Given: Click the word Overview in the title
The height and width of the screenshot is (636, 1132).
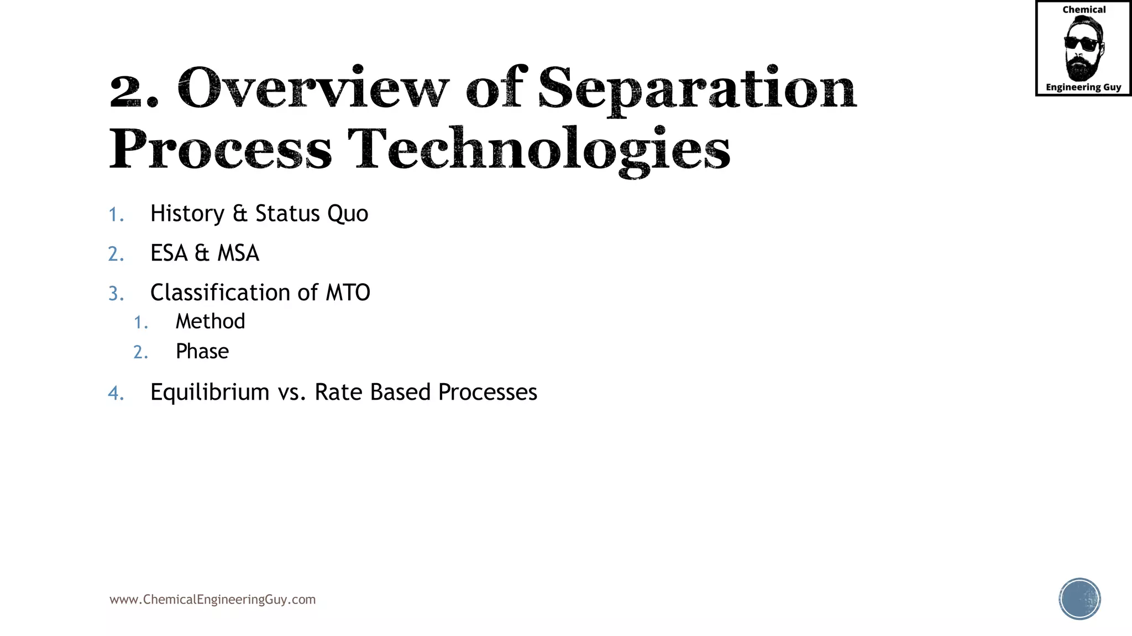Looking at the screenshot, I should tap(313, 88).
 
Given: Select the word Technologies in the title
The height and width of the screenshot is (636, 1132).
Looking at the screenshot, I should tap(539, 149).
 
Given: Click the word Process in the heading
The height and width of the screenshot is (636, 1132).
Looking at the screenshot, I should tap(220, 149).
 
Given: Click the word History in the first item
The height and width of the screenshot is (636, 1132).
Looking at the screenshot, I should tap(187, 214).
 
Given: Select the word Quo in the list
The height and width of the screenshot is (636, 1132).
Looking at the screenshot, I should tap(348, 214).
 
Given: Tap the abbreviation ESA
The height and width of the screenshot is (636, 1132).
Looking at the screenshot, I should tap(169, 253).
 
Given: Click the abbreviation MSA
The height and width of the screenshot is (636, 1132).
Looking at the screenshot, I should tap(238, 253).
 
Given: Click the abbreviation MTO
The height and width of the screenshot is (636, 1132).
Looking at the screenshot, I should tap(348, 293).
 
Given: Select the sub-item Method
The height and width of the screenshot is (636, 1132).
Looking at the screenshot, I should tap(210, 321).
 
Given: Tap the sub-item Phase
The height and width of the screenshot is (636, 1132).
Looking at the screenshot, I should tap(202, 352).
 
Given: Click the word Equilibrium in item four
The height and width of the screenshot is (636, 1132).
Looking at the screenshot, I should tap(209, 393).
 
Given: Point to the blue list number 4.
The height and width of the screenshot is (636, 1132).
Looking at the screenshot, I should tap(116, 393).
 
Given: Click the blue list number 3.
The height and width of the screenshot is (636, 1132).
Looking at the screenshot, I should tap(116, 294).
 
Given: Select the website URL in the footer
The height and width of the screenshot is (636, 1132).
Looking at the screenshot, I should tap(212, 600).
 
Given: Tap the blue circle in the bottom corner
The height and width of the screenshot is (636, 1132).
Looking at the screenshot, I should tap(1079, 599).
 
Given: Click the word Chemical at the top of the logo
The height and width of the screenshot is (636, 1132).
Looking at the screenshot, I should tap(1083, 10).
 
